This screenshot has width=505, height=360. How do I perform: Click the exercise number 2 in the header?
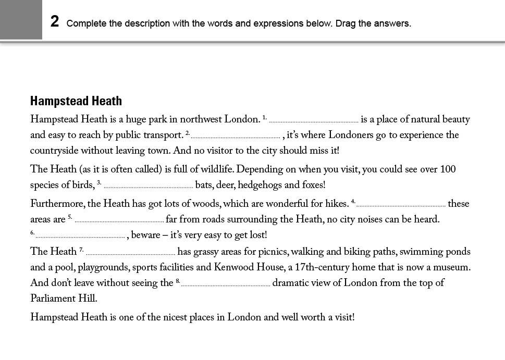tap(55, 21)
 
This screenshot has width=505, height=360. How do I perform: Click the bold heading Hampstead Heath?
tap(76, 101)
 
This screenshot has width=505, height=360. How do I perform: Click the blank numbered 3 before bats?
tap(148, 186)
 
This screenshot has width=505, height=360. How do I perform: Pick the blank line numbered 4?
tap(401, 205)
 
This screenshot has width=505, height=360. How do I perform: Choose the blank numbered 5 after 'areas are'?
tap(119, 220)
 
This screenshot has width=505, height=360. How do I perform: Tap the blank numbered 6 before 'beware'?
tap(80, 236)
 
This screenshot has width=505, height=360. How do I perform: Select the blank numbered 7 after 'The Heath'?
tap(130, 253)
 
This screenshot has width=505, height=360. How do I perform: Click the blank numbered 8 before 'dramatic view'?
tap(226, 284)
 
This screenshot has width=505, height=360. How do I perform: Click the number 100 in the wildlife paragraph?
tap(448, 169)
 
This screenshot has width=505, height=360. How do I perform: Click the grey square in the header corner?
tap(21, 19)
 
